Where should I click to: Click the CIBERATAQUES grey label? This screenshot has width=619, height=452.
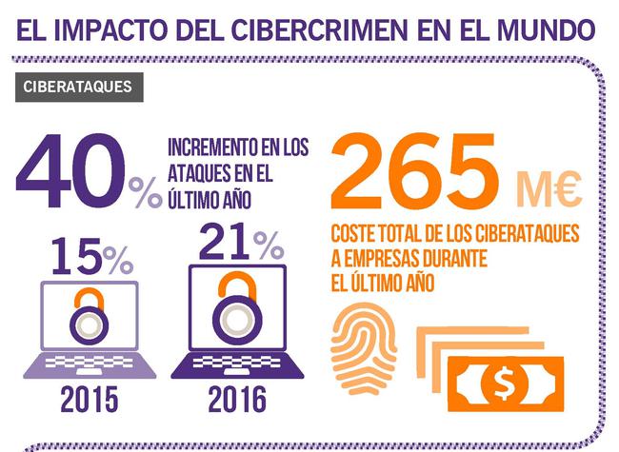pyautogui.click(x=80, y=87)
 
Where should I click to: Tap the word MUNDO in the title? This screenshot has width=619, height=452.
pyautogui.click(x=545, y=28)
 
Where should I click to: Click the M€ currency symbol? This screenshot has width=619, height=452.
pyautogui.click(x=549, y=189)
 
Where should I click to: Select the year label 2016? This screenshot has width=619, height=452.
pyautogui.click(x=238, y=401)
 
